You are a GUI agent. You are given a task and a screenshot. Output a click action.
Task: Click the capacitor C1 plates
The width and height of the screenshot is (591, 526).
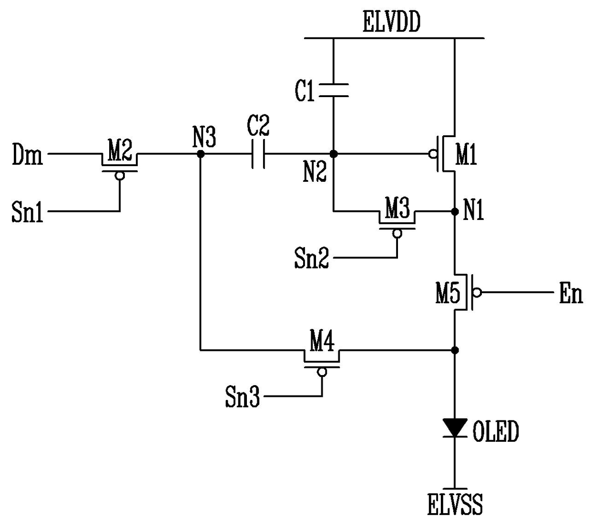click(x=334, y=90)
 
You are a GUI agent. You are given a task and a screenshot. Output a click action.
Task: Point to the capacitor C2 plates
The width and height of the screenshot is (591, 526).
click(x=258, y=154)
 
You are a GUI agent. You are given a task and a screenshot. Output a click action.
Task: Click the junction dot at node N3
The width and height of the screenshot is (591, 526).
click(x=201, y=154)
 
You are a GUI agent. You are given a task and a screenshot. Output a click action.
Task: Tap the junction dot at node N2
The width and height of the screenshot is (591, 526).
click(x=334, y=154)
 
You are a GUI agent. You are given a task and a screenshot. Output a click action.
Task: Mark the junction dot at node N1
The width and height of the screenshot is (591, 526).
click(x=455, y=212)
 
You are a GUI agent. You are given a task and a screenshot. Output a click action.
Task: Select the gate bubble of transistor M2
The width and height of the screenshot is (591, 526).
click(x=120, y=176)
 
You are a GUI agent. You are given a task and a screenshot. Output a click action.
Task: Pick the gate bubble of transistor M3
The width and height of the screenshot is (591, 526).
click(x=397, y=234)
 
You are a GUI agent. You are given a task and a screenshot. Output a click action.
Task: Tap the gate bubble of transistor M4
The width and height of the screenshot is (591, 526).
click(x=322, y=372)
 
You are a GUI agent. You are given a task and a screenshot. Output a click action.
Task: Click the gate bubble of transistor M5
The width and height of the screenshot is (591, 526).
click(x=477, y=292)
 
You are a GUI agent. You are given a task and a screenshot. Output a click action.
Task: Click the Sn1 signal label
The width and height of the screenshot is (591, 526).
click(x=28, y=212)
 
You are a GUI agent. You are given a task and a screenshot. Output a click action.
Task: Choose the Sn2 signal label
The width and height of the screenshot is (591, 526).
click(x=312, y=258)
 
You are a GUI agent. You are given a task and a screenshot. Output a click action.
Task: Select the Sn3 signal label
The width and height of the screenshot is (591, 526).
click(x=243, y=397)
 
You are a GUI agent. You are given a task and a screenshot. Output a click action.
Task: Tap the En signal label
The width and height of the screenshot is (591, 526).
click(x=571, y=293)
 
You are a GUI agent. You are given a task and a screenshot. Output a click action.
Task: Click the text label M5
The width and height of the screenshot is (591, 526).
click(x=448, y=294)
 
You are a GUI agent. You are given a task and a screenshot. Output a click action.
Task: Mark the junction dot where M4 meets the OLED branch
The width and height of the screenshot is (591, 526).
click(x=455, y=350)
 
